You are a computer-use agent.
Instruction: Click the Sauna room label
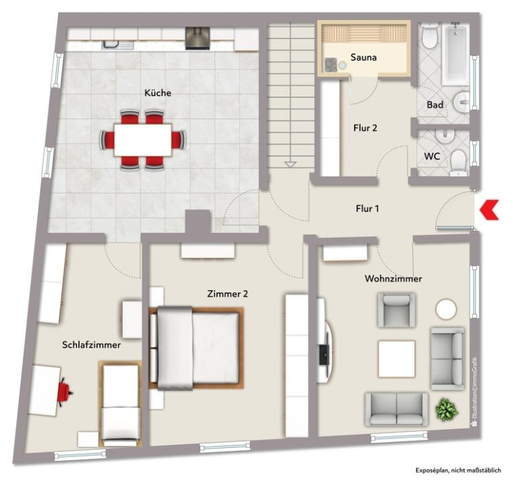(x=363, y=57)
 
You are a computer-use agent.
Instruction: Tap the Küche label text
(x=158, y=93)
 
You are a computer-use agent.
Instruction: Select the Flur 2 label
(x=365, y=128)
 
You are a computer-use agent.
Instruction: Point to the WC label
(x=432, y=156)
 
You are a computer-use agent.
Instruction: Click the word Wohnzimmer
(x=393, y=278)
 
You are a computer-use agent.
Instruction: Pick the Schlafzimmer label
(x=92, y=344)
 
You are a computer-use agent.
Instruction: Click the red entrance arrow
(x=489, y=210)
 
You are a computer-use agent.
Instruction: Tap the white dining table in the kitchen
(x=143, y=140)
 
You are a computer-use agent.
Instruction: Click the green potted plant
(x=446, y=409)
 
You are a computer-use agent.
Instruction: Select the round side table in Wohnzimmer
(x=446, y=309)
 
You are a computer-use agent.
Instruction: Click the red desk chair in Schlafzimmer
(x=64, y=392)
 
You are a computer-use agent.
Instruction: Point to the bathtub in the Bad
(x=456, y=53)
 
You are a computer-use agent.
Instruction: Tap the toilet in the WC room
(x=459, y=162)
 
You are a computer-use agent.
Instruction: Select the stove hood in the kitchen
(x=198, y=38)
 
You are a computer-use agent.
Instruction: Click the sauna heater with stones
(x=331, y=65)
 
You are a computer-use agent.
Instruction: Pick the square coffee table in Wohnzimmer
(x=397, y=358)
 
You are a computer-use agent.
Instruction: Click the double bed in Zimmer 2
(x=196, y=348)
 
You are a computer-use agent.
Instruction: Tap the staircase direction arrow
(x=290, y=164)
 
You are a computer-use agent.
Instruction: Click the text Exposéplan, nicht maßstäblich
(x=458, y=471)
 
